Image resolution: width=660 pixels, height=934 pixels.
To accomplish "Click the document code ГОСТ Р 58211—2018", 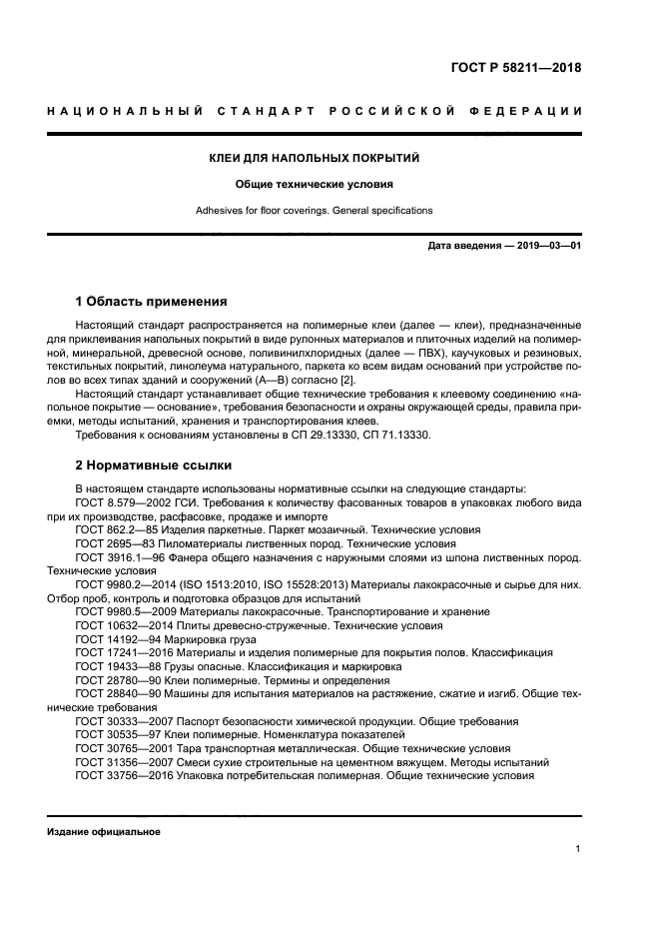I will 516,69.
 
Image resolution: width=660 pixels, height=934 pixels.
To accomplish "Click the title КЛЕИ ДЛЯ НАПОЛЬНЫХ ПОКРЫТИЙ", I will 314,159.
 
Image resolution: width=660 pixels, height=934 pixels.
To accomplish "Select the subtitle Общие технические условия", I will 314,185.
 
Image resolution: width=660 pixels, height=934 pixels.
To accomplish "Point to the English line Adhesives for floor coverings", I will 314,211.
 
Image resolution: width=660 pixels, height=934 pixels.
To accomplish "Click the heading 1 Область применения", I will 152,301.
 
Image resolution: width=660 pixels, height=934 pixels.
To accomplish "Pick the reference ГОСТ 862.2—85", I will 117,530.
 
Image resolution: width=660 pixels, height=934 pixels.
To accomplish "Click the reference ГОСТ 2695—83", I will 114,543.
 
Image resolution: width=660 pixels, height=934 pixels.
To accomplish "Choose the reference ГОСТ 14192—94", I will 117,639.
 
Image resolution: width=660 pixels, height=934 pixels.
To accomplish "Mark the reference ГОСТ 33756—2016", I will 122,775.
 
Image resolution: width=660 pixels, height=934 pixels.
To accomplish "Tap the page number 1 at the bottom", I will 578,849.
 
